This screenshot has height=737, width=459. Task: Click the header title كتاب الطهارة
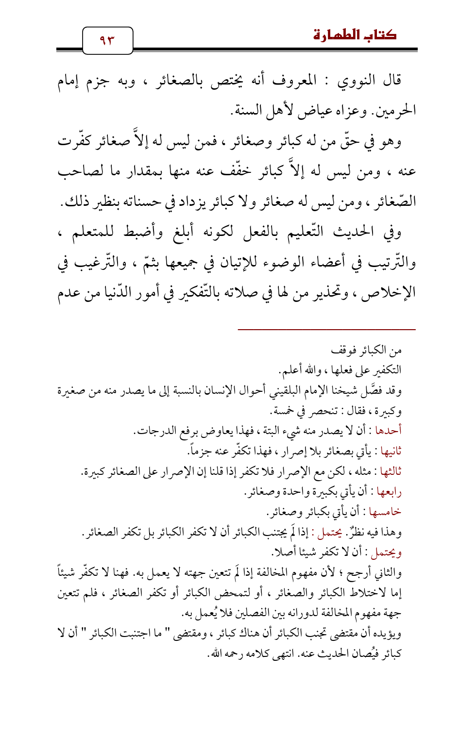click(x=355, y=35)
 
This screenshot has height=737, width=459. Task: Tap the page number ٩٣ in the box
click(x=107, y=40)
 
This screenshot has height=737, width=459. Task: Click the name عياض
click(x=314, y=111)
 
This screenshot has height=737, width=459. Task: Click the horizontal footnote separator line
click(x=326, y=330)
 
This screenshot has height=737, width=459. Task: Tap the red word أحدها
click(x=390, y=431)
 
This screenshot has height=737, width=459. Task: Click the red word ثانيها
click(x=390, y=451)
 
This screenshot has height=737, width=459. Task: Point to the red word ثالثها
click(x=390, y=471)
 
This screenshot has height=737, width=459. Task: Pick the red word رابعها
click(x=390, y=492)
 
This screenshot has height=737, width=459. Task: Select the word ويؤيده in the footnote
click(x=389, y=634)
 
